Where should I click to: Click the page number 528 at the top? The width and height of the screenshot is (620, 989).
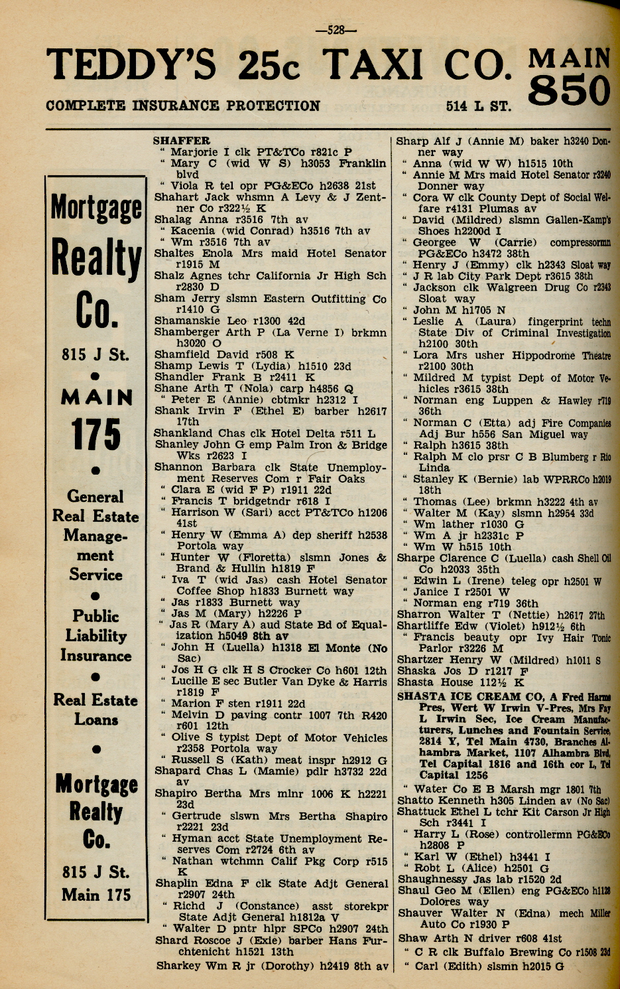(337, 29)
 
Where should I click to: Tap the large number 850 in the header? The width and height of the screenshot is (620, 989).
(570, 90)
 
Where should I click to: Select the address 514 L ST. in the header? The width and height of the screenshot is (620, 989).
(479, 106)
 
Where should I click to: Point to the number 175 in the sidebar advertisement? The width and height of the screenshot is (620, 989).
(96, 434)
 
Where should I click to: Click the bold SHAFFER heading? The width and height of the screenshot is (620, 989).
(181, 141)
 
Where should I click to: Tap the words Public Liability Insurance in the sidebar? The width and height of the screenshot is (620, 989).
(96, 635)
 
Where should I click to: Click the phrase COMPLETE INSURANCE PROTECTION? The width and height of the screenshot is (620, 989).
(183, 106)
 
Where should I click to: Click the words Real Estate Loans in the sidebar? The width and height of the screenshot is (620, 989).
(96, 710)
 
